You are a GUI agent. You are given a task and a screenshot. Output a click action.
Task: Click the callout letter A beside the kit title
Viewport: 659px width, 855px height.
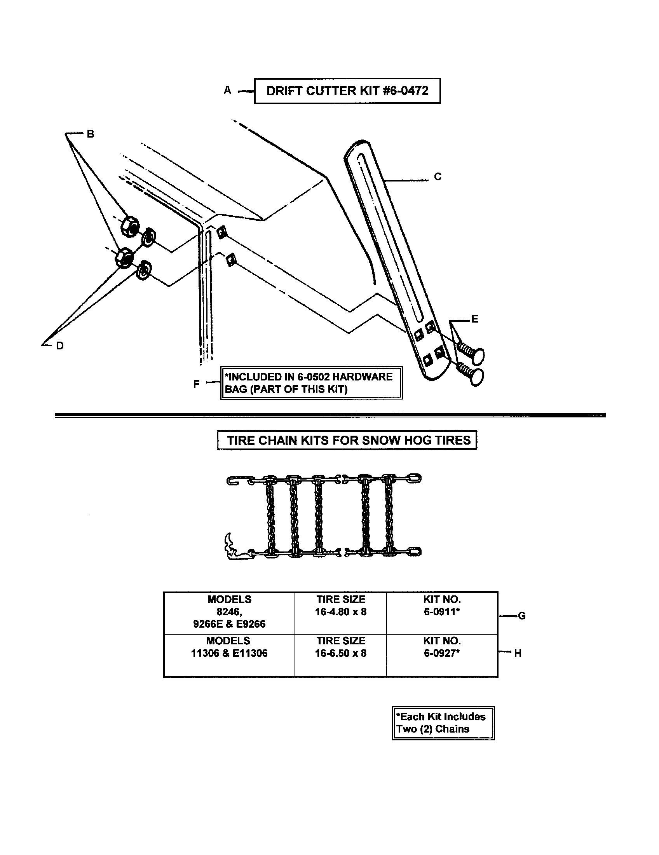tap(227, 91)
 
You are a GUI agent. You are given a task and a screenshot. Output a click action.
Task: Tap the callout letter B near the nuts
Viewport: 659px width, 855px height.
tap(91, 134)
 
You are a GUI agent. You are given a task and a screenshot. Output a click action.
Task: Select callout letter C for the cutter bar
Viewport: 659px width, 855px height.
tap(438, 177)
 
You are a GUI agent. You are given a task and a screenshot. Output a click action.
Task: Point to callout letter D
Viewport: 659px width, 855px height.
tap(59, 345)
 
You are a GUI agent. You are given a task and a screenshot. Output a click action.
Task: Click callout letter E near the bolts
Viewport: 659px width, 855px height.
tap(475, 319)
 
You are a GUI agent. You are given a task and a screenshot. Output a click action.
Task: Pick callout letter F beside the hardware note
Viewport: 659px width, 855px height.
tap(197, 384)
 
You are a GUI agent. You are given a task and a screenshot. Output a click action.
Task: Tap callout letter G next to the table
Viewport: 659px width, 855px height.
tap(521, 616)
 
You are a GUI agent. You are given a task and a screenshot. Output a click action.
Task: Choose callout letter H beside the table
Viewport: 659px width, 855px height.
tap(518, 653)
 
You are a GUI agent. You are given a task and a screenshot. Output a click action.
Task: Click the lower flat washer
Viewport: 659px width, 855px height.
tap(145, 269)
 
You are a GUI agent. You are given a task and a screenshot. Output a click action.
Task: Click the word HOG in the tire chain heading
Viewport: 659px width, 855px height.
tap(415, 440)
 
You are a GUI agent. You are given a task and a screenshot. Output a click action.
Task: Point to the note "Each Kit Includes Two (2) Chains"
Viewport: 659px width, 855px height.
tap(443, 723)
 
